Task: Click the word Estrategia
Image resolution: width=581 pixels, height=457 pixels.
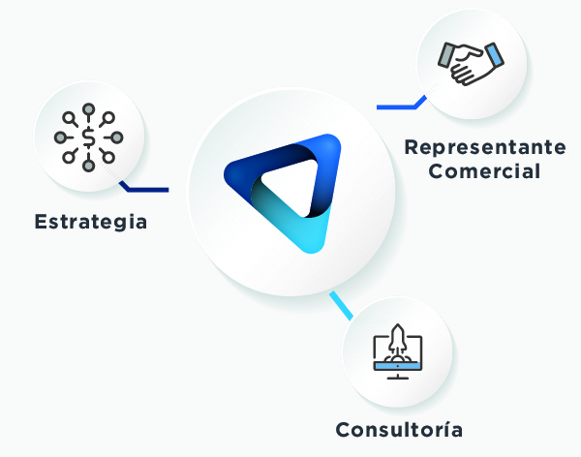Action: tap(91, 222)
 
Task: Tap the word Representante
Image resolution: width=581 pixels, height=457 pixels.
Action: tap(485, 147)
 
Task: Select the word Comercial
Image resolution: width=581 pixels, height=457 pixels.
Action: tap(484, 171)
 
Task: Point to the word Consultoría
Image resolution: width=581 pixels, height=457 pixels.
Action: tap(399, 430)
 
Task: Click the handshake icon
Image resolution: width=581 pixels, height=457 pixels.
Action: tap(471, 63)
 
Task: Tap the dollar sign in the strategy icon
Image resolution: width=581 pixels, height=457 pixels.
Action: tap(88, 137)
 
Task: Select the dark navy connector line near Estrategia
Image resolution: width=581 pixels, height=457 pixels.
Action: tap(144, 187)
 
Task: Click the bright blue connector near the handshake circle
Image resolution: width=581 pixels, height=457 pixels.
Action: tap(402, 103)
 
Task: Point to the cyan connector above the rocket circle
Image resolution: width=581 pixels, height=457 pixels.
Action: tap(341, 306)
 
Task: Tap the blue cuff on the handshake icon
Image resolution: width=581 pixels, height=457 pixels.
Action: tap(494, 55)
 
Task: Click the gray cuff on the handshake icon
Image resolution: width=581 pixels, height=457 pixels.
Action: tap(445, 55)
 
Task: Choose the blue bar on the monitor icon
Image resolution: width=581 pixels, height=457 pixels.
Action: tap(398, 366)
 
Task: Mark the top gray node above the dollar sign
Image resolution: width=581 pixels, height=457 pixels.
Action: tap(88, 109)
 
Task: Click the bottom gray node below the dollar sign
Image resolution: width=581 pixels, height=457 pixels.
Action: tap(88, 166)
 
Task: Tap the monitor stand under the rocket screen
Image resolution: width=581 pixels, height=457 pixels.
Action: tap(398, 375)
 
